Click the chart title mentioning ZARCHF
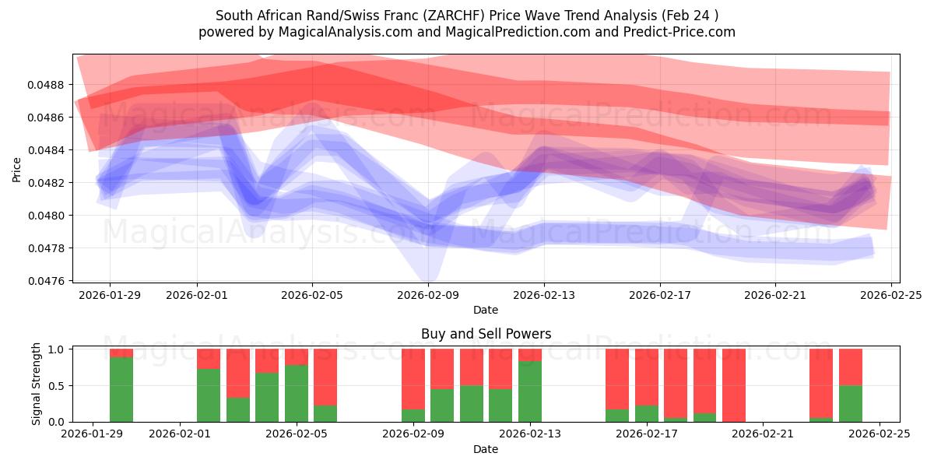click(467, 16)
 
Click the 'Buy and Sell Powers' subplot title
click(486, 334)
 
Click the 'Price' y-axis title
click(17, 168)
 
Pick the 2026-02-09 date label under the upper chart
click(428, 295)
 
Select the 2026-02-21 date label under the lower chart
click(763, 434)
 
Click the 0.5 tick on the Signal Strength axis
click(58, 385)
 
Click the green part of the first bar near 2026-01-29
click(121, 389)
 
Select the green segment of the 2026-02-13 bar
click(530, 391)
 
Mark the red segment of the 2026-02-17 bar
click(647, 377)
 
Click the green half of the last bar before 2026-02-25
click(851, 403)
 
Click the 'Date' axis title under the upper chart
click(486, 310)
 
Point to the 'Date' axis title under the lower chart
click(486, 449)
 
